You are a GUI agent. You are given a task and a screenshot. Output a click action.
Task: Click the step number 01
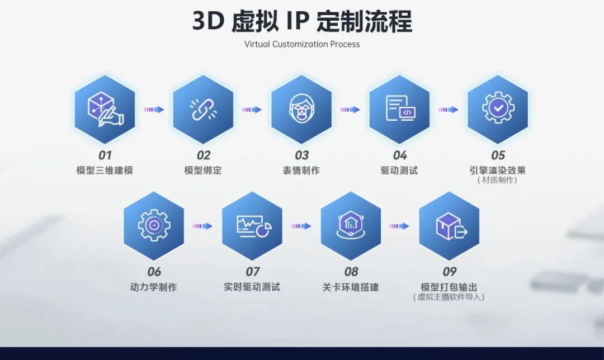point(105,155)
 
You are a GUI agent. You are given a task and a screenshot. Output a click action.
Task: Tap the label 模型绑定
point(203,170)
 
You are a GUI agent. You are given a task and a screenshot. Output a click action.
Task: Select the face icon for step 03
point(301,108)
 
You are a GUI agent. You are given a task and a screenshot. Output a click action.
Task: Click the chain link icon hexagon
point(203,109)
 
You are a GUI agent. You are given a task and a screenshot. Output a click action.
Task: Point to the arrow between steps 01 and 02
point(154,110)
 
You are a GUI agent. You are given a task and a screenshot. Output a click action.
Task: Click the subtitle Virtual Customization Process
point(302,44)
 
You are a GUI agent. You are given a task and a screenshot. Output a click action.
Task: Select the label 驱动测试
point(399,170)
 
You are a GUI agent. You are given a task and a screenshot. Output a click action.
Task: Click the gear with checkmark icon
point(497,108)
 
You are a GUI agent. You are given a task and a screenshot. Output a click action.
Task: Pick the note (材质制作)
point(497,180)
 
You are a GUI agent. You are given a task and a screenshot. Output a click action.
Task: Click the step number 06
point(154,272)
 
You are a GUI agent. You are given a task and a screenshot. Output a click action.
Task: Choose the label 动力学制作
point(153,287)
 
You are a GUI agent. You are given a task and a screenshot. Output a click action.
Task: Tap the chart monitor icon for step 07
point(252,226)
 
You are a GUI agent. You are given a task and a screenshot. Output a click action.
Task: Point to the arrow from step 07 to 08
point(301,226)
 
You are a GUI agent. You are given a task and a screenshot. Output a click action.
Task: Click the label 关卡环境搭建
point(351,287)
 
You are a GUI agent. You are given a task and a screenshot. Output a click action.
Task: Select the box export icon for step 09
point(449,226)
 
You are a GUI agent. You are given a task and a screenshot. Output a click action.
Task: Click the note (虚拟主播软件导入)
point(449,297)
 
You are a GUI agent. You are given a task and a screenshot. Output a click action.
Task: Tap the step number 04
point(399,155)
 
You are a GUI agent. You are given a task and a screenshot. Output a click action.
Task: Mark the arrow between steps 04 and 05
point(448,110)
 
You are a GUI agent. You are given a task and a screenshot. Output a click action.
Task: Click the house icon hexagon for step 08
point(351,226)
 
